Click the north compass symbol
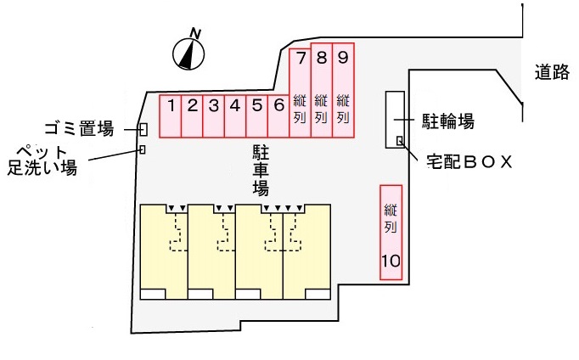[x=190, y=53]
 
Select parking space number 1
[x=171, y=116]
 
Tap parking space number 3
[x=214, y=116]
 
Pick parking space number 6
[x=278, y=116]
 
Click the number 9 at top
[x=342, y=59]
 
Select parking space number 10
[x=391, y=232]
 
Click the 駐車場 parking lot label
[x=261, y=169]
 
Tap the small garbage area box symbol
[x=143, y=129]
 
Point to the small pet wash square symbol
[x=142, y=150]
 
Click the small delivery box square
[x=400, y=140]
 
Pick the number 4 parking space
[x=235, y=116]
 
